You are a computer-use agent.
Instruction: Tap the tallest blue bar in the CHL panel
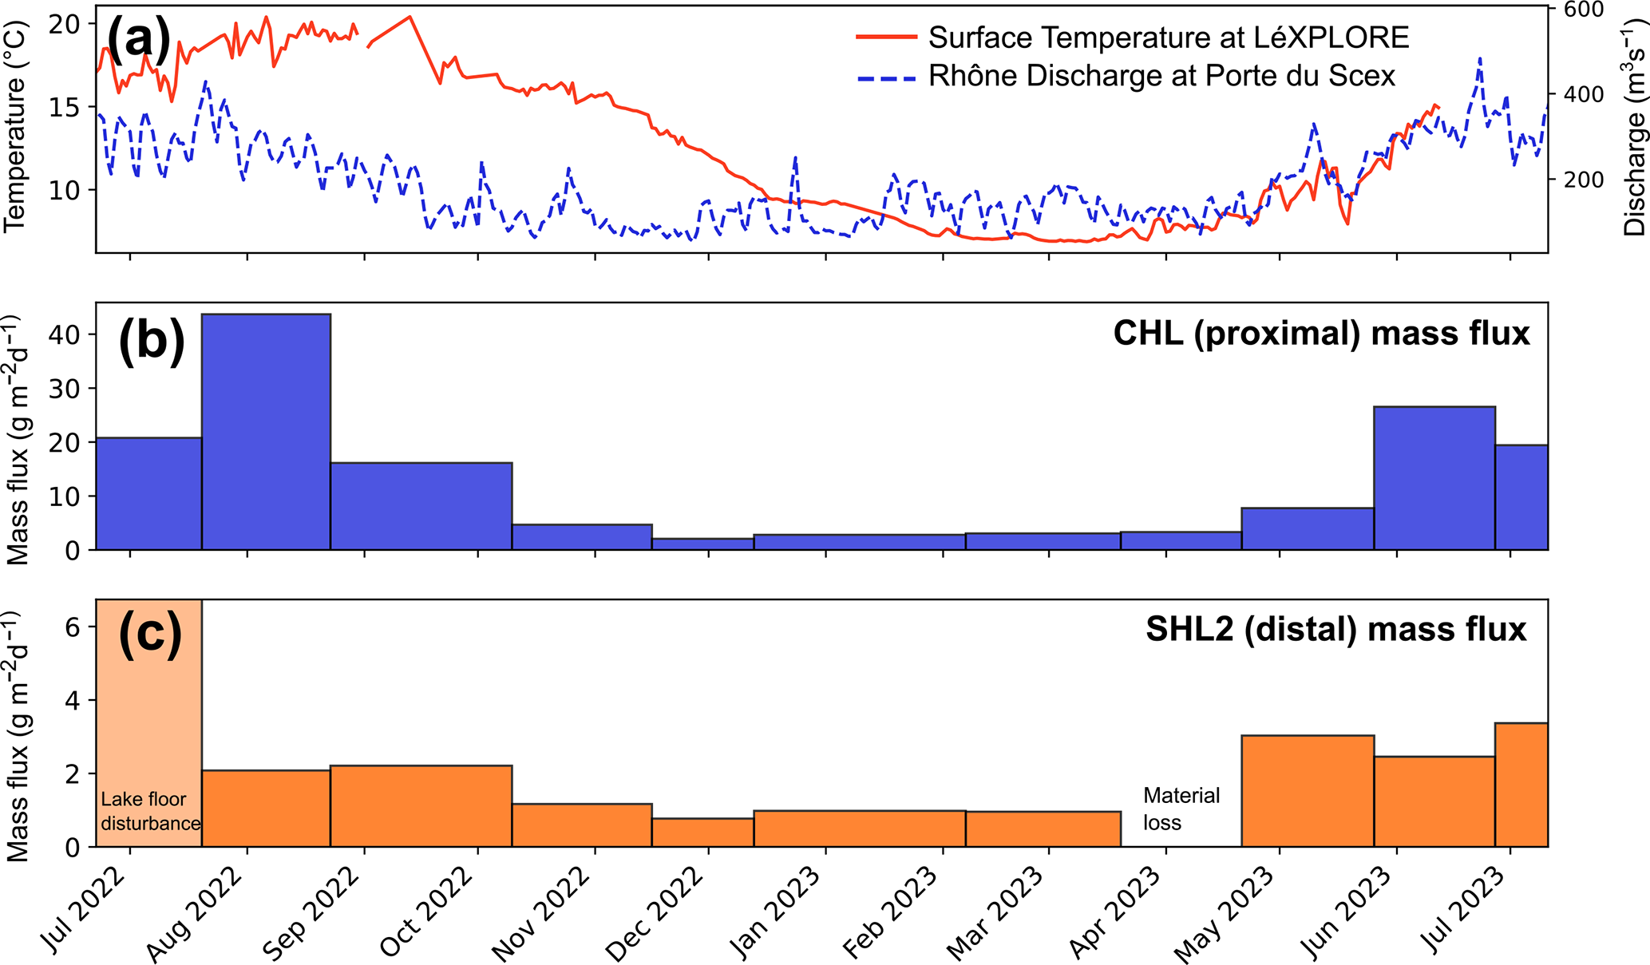(x=266, y=431)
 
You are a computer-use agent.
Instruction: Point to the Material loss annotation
(x=1181, y=809)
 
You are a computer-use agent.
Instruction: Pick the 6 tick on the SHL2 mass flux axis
(x=73, y=627)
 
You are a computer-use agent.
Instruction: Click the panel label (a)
(x=138, y=40)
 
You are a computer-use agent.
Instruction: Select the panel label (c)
(x=150, y=635)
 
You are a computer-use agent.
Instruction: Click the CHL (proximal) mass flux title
(x=1321, y=333)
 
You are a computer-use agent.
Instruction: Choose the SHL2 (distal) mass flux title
(x=1335, y=629)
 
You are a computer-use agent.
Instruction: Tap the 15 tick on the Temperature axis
(x=65, y=107)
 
